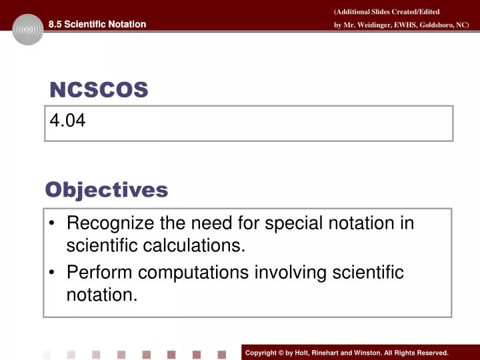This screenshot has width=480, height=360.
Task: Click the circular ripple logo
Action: (27, 29)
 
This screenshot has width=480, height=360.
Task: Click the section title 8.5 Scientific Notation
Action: (97, 25)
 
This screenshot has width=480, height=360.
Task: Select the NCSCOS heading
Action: (99, 90)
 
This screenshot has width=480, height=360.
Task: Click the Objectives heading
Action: (106, 190)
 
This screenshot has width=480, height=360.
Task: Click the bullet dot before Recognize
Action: (51, 224)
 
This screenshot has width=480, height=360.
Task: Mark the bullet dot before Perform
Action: (51, 273)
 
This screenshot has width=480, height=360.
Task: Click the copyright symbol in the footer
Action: (281, 353)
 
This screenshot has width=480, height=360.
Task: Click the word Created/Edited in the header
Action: (416, 12)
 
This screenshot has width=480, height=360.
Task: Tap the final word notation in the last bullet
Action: (101, 295)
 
